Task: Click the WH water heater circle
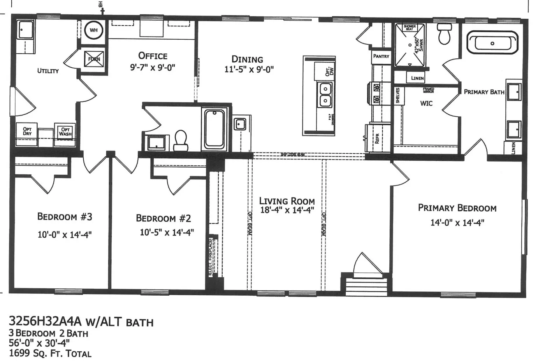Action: (94, 30)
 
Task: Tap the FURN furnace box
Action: (94, 59)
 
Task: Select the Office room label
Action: (153, 56)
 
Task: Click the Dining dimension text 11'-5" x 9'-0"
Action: (249, 70)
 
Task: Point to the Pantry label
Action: (381, 56)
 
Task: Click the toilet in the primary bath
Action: (444, 34)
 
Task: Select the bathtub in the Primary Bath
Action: (493, 43)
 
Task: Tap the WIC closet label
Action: (426, 103)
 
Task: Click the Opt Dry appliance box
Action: (27, 131)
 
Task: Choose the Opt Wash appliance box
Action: (65, 132)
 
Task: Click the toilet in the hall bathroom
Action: (181, 140)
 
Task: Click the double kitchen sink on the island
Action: (325, 95)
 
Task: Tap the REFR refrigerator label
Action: (377, 139)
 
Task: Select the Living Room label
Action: (287, 201)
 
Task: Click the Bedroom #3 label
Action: (65, 216)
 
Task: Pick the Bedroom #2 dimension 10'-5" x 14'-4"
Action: (167, 233)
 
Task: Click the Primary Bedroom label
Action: (457, 208)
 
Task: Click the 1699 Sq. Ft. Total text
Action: (50, 354)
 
